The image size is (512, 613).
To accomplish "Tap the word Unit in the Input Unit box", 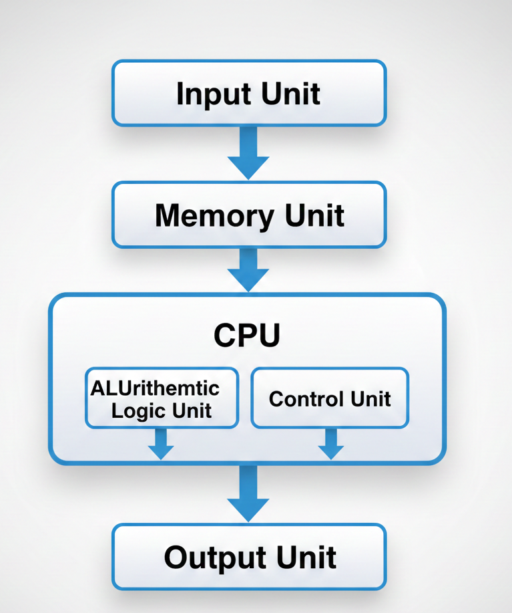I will coord(291,94).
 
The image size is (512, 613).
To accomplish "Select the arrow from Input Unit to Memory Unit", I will coord(248,154).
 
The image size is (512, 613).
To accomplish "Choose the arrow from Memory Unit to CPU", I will coord(248,270).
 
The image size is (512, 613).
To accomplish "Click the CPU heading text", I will coord(246,336).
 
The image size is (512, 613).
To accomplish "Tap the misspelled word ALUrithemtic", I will coord(155,388).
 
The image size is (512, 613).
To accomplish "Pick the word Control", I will coord(300,399).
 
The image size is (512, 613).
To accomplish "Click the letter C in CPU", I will coord(224,336).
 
